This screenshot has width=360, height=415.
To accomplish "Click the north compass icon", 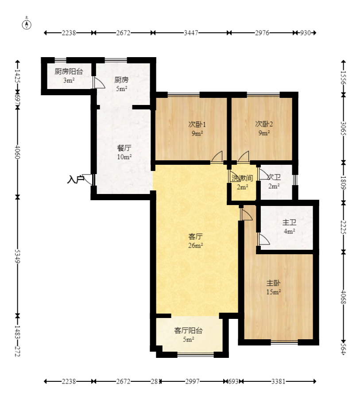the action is click(27, 25).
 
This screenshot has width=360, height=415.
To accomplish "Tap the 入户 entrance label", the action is click(75, 179).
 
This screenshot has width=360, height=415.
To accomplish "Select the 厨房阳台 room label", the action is click(69, 71).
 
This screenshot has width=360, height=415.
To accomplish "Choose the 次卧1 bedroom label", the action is click(197, 124).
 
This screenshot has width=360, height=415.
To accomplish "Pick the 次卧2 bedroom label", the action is click(264, 124).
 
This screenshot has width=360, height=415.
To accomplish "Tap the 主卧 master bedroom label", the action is click(273, 283).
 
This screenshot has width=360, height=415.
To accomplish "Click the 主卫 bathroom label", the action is click(289, 222).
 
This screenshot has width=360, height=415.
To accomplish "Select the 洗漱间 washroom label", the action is click(242, 178).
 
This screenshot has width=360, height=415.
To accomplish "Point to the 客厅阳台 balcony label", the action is click(189, 330).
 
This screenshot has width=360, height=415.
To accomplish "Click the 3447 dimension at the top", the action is click(191, 33).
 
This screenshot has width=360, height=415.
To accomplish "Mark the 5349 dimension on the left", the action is click(17, 256).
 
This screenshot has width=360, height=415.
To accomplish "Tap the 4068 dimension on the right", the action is click(343, 297).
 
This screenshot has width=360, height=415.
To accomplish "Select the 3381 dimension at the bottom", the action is click(278, 381).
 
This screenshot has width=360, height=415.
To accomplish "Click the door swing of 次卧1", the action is click(217, 156).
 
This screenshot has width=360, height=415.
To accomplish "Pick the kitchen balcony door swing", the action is click(99, 82).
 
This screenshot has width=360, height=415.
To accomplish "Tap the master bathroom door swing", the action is click(263, 239).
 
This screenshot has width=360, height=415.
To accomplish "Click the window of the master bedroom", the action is click(284, 342).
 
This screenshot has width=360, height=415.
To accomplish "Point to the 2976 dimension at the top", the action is click(262, 33).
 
